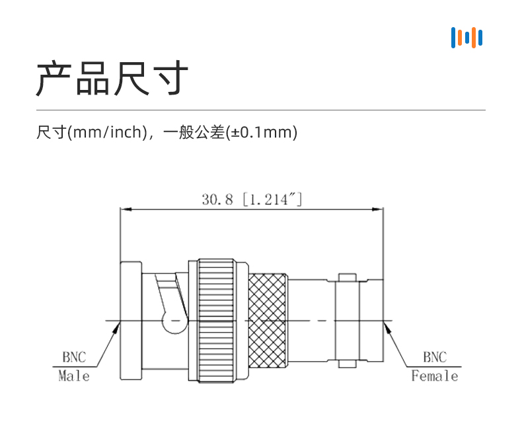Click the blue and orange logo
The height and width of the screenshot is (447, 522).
tap(466, 37)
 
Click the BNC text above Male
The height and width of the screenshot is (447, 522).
tap(74, 358)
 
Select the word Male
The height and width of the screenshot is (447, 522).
tap(74, 376)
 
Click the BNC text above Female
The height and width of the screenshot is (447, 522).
tap(434, 358)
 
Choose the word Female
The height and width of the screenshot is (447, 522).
tap(434, 376)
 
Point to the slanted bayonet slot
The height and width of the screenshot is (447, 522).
tap(169, 298)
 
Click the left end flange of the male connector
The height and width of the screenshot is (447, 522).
tap(130, 321)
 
